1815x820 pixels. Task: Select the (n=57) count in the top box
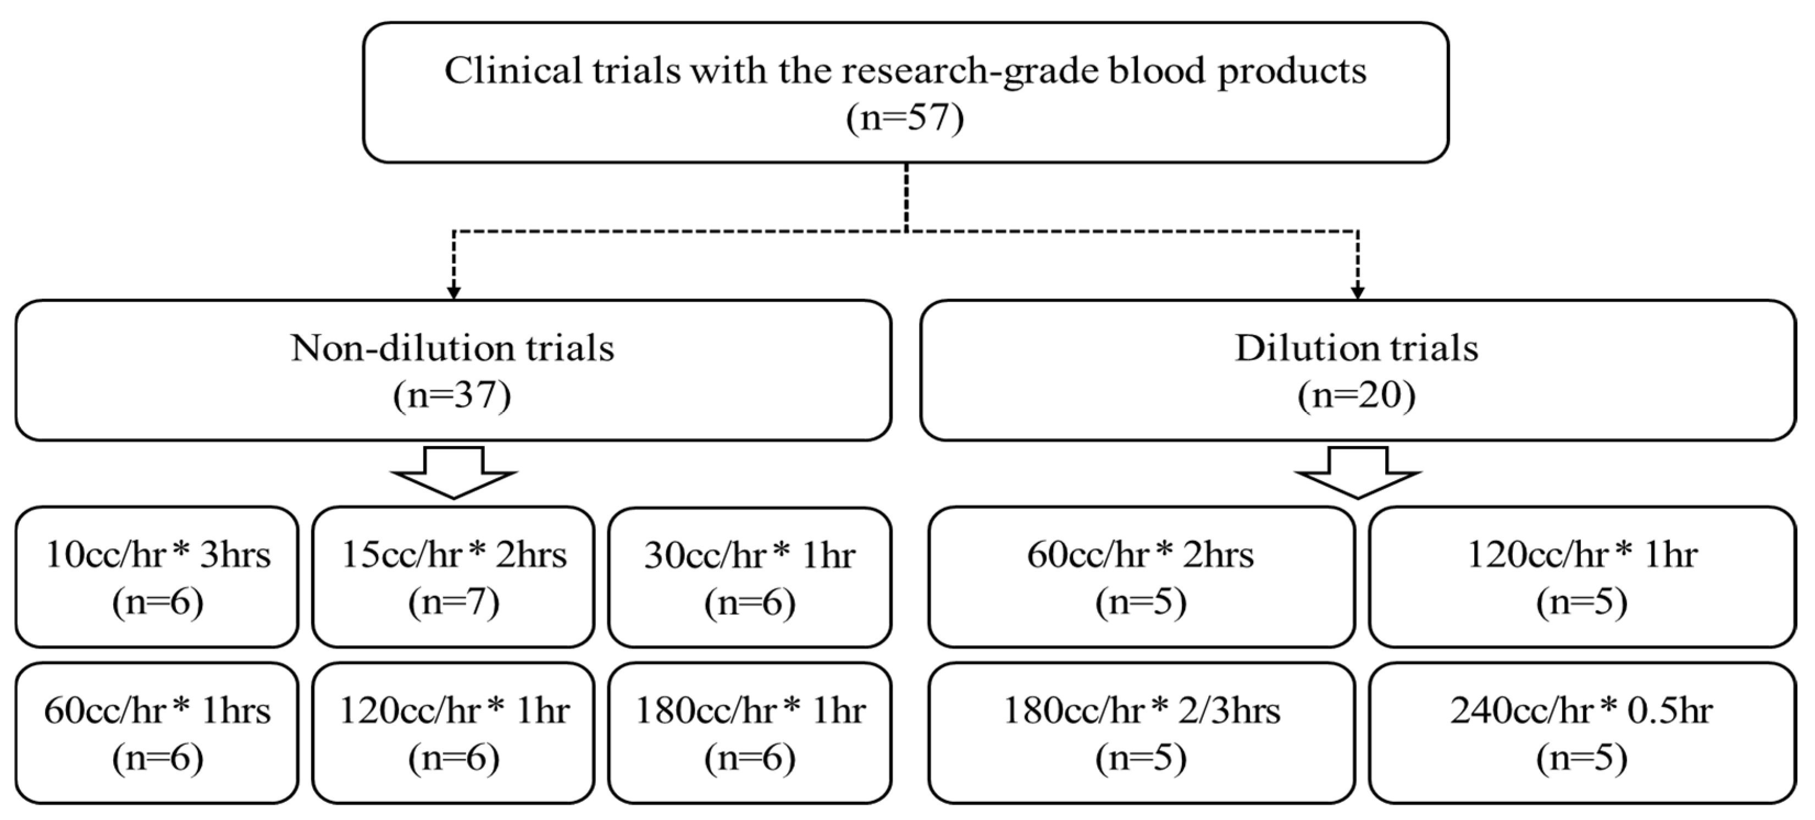tap(905, 117)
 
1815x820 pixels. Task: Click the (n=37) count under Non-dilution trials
tap(452, 395)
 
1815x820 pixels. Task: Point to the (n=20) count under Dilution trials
tap(1357, 395)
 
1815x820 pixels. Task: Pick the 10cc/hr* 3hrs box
tap(157, 577)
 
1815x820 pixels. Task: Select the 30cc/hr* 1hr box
tap(750, 577)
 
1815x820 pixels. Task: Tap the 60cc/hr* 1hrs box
tap(157, 733)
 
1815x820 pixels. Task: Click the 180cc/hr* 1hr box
tap(750, 733)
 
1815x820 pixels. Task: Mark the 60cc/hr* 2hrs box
tap(1141, 577)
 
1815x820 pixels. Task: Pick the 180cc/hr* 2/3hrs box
tap(1141, 733)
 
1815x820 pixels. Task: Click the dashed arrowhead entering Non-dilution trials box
tap(454, 292)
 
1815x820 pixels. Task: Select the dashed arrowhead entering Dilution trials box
tap(1358, 292)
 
